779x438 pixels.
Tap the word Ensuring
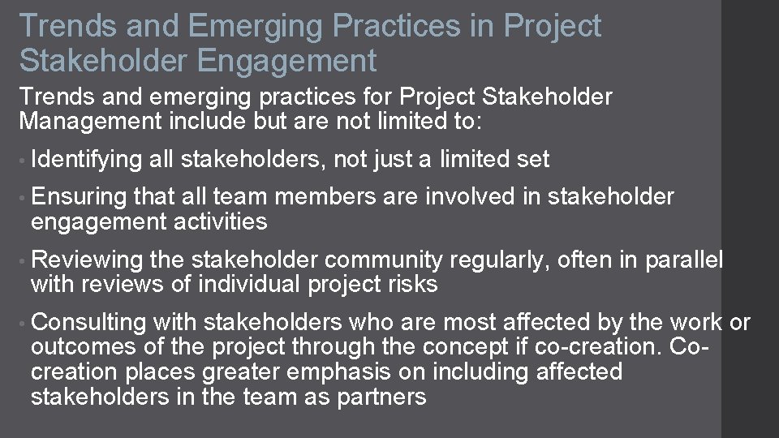[79, 197]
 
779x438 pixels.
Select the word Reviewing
[87, 260]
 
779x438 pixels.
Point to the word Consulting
[88, 323]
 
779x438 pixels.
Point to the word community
[385, 260]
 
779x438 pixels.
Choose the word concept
[486, 347]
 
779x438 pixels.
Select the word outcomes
[79, 347]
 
